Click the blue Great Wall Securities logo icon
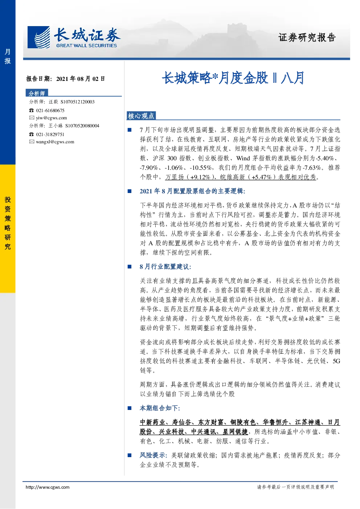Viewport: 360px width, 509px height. (x=38, y=37)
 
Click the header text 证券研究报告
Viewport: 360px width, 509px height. (x=307, y=37)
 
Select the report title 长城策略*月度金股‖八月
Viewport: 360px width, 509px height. (x=233, y=78)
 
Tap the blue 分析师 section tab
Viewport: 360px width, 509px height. (x=37, y=93)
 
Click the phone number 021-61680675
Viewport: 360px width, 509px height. (x=50, y=111)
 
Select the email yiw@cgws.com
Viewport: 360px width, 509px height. (x=52, y=118)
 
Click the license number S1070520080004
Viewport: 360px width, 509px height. (x=82, y=126)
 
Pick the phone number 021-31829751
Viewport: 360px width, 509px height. (x=50, y=135)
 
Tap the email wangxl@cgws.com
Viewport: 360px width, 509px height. (x=55, y=142)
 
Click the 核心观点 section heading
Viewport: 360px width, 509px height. (x=141, y=116)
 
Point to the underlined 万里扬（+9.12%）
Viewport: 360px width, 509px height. (x=188, y=177)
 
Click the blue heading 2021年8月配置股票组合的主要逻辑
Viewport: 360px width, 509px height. (x=192, y=191)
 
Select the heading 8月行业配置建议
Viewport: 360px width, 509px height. (x=165, y=267)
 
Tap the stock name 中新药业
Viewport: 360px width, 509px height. (x=152, y=422)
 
